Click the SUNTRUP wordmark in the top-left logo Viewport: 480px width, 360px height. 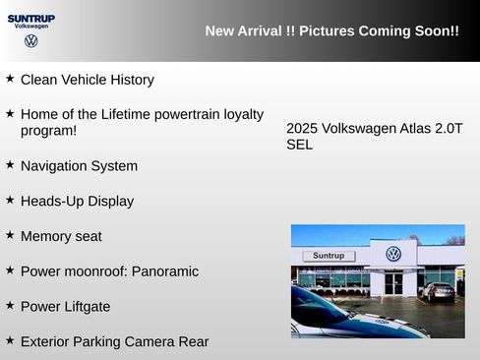click(x=31, y=19)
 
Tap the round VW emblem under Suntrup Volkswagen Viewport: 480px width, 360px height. click(x=31, y=41)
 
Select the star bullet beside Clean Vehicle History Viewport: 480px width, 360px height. click(x=10, y=78)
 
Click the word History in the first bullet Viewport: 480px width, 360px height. click(x=129, y=80)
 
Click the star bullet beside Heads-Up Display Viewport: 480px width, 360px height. click(x=10, y=200)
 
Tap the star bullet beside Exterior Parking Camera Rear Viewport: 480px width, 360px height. click(x=10, y=340)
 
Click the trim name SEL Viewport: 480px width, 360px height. click(x=299, y=145)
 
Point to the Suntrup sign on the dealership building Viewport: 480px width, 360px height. click(x=328, y=256)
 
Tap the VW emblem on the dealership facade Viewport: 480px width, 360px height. click(x=393, y=254)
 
